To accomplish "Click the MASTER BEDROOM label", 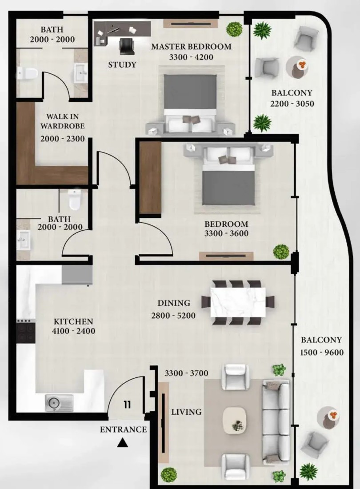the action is click(x=192, y=47).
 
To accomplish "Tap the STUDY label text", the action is click(x=122, y=64).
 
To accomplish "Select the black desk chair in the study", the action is click(x=127, y=46).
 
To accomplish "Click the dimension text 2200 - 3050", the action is click(x=292, y=104).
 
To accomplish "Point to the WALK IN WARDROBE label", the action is click(x=63, y=121).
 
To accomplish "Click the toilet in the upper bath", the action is click(x=28, y=74).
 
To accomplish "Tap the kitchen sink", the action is click(x=59, y=402).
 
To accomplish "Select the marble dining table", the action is click(x=238, y=302).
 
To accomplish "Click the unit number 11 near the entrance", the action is click(x=127, y=405).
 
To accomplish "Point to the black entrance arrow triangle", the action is click(x=123, y=443).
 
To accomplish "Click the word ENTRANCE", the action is click(x=123, y=429).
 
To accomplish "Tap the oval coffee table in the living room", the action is click(x=235, y=420).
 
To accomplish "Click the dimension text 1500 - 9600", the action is click(x=322, y=353).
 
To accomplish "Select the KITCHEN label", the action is click(x=74, y=321).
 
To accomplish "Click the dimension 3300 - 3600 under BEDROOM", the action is click(x=226, y=233).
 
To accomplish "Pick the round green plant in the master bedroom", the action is click(x=234, y=29).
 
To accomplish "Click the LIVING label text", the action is click(x=186, y=412).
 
